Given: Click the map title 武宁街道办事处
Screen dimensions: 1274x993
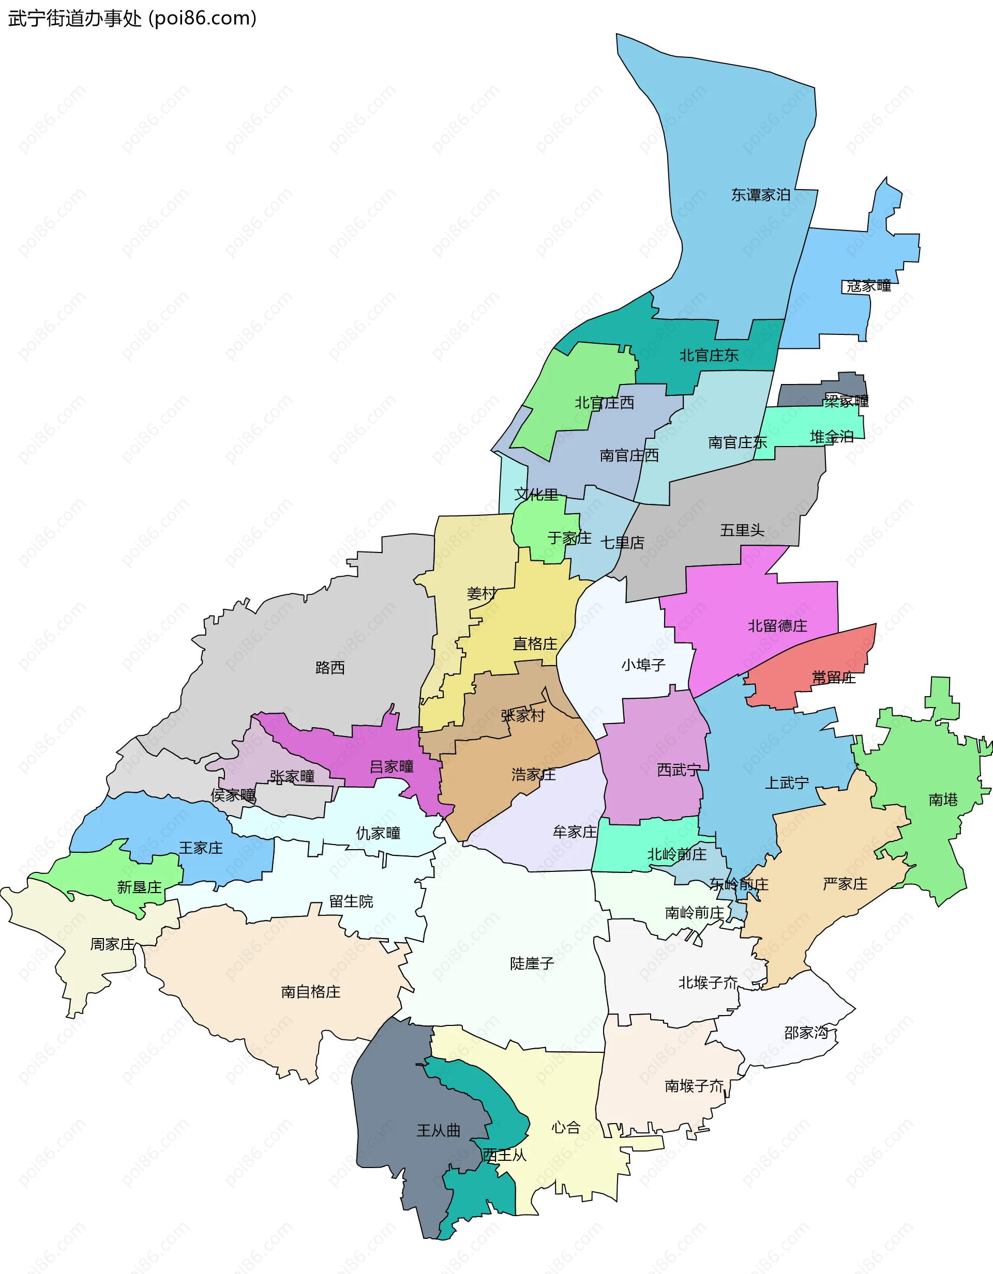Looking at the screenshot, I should (74, 19).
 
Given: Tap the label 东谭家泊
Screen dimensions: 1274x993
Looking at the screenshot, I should (760, 195).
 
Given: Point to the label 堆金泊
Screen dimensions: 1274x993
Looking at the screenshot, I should (831, 436).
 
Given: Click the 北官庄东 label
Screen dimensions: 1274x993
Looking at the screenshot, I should (708, 355).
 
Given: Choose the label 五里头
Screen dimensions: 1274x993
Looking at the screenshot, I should (742, 530).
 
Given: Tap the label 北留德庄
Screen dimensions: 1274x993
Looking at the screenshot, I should (777, 626).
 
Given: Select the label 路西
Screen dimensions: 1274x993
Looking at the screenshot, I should (330, 667).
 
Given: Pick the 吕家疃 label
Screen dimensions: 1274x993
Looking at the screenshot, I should (391, 766).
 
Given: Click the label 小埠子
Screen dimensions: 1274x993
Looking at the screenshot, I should (643, 665).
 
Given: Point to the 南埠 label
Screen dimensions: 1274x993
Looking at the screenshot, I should (943, 799).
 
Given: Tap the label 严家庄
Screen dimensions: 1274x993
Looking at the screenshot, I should (844, 884).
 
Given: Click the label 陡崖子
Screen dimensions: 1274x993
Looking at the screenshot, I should (531, 963).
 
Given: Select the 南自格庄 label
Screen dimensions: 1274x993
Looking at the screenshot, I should (310, 992).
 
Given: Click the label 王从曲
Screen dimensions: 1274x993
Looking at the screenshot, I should (438, 1130).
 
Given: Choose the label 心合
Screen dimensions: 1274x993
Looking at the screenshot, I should (566, 1128).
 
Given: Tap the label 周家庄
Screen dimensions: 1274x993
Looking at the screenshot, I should (112, 944).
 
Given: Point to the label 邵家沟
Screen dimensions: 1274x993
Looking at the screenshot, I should (806, 1033).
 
